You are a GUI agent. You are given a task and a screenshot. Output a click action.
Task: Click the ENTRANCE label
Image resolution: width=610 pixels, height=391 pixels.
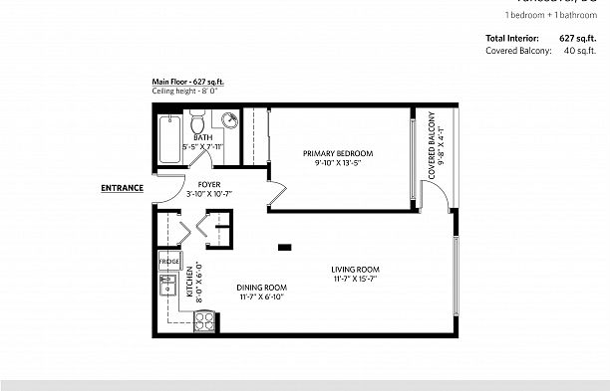122,187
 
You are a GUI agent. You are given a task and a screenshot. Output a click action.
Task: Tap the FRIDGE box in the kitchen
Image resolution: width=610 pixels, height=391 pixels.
168,262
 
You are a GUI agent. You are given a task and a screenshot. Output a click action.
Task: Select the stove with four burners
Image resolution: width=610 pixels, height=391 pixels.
204,320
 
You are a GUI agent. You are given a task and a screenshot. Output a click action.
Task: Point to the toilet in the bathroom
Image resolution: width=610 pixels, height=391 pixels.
197,124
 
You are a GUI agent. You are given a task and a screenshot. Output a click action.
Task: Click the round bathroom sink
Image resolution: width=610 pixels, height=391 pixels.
229,121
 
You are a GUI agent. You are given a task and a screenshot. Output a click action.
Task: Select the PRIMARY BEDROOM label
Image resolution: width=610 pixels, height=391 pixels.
338,152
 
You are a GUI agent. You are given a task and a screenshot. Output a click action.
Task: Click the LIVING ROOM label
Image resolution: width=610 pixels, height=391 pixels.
355,269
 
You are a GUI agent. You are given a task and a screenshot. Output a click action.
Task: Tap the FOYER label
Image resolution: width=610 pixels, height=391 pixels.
208,184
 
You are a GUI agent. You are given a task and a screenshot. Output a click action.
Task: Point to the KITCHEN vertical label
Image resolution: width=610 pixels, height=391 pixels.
189,282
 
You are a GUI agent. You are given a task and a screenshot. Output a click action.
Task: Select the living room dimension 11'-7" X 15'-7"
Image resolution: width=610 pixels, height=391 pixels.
355,280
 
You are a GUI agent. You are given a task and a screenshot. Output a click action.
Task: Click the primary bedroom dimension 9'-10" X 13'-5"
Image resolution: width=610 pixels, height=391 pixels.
338,162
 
